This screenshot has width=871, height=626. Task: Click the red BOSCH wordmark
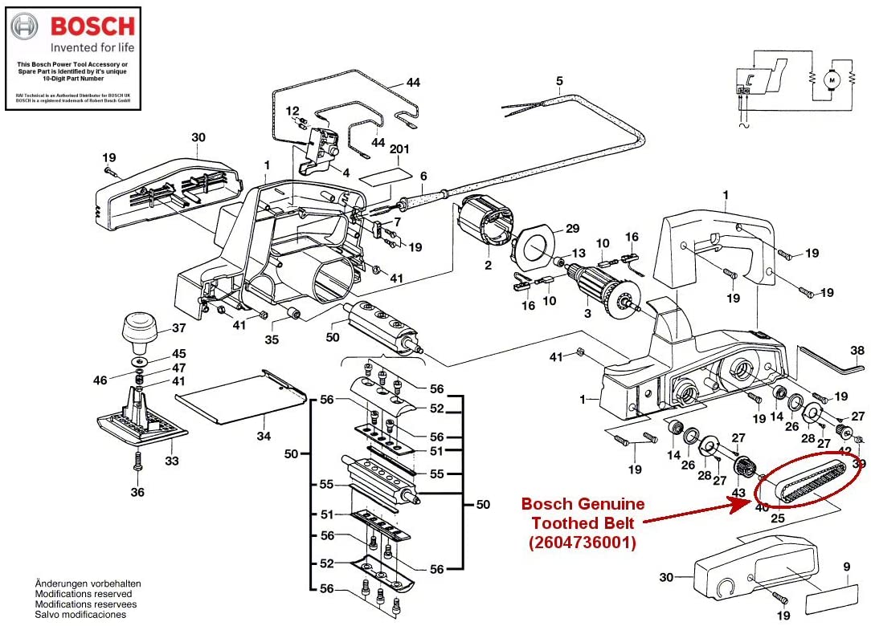click(92, 26)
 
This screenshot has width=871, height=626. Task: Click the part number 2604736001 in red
click(583, 543)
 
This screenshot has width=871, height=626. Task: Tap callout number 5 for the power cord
click(559, 80)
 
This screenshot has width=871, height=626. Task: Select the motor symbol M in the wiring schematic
click(832, 79)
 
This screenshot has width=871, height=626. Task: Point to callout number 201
click(399, 149)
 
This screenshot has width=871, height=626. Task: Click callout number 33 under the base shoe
click(171, 461)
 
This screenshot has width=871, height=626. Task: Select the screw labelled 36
click(137, 463)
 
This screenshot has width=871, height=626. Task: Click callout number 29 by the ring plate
click(572, 229)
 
